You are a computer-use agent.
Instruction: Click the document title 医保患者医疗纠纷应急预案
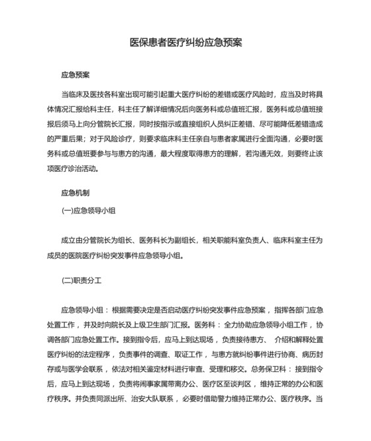(x=185, y=42)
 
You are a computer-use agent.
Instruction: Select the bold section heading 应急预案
(x=75, y=76)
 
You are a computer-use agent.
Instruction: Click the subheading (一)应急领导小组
(x=89, y=210)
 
